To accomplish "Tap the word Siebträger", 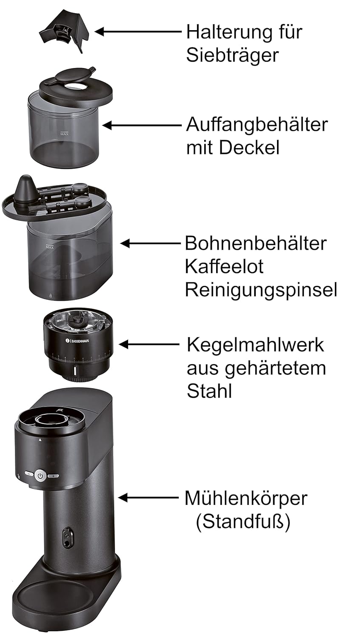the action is click(232, 55).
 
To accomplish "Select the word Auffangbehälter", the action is click(257, 125).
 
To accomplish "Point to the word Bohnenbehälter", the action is click(255, 244).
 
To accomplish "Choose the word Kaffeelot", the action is click(224, 267).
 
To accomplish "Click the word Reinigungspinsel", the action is click(261, 291).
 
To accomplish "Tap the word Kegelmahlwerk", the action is click(255, 345).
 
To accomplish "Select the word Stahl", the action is click(209, 391).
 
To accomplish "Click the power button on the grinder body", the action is click(40, 476).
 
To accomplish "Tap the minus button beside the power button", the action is click(29, 473).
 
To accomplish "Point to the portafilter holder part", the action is click(64, 31).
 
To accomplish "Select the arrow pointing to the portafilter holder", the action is click(138, 31).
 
